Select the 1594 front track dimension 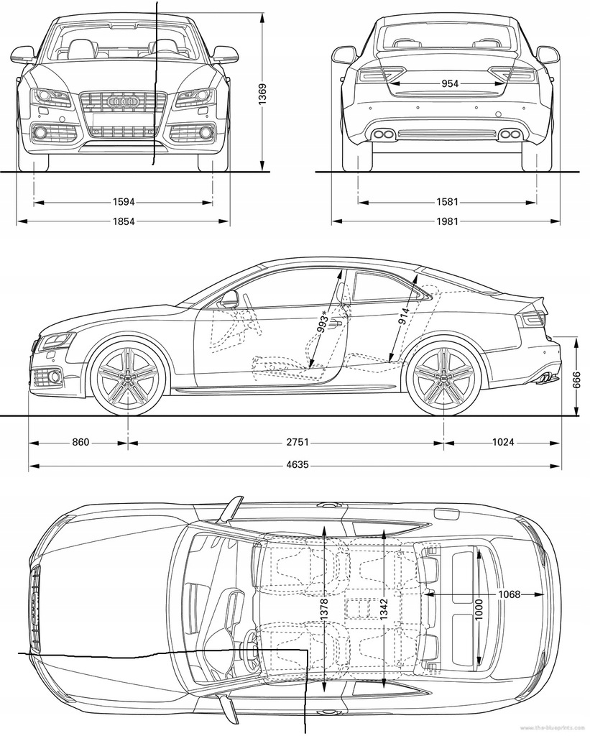click(x=123, y=202)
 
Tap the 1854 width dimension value click(x=123, y=221)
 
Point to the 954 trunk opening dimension click(x=449, y=84)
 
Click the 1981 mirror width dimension click(x=446, y=221)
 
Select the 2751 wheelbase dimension click(x=296, y=442)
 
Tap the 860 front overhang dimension click(x=80, y=442)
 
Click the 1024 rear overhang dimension click(x=502, y=442)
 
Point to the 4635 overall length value click(x=296, y=464)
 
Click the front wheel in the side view click(x=128, y=379)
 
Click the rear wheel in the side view click(x=443, y=379)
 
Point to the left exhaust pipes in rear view click(x=382, y=134)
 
